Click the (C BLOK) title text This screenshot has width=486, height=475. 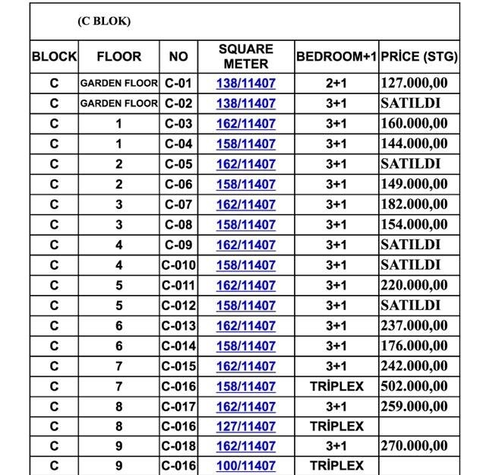[104, 21]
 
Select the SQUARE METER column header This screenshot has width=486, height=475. [246, 56]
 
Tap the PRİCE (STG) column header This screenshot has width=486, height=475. [419, 57]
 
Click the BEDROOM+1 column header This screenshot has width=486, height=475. [336, 57]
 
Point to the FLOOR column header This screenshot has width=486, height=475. [118, 57]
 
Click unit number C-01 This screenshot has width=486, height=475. [178, 83]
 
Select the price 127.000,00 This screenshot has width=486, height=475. [415, 83]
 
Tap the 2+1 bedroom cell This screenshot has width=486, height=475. [336, 83]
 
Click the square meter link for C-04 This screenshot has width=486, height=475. [246, 144]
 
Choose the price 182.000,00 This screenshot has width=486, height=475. [415, 204]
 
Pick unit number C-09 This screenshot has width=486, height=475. [178, 245]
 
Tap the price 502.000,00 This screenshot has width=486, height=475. [415, 386]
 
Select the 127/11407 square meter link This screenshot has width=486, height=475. [246, 426]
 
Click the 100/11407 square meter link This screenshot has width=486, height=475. [246, 466]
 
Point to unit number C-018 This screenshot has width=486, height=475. [178, 446]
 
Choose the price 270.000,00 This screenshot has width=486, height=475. [415, 446]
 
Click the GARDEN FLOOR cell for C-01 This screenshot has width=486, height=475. [118, 83]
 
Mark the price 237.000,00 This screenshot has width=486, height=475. [415, 325]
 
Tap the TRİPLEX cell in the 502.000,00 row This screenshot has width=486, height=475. [336, 386]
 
